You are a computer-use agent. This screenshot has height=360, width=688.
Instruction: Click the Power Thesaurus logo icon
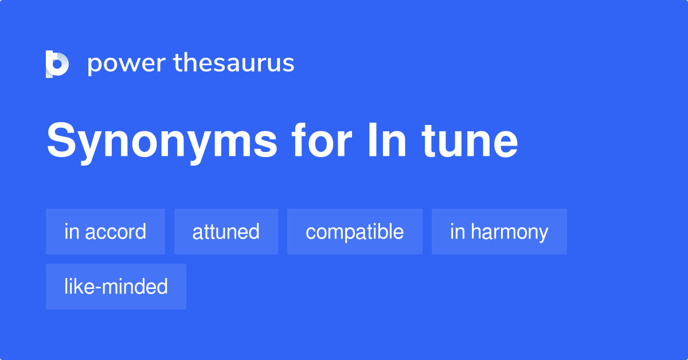click(x=57, y=64)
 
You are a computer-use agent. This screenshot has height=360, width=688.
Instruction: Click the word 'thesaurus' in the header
click(x=234, y=64)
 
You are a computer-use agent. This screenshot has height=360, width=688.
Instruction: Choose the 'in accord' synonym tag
click(x=105, y=232)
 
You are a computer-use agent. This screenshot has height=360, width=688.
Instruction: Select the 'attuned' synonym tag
click(x=226, y=232)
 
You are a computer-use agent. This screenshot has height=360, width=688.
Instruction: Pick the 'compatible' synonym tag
click(x=355, y=232)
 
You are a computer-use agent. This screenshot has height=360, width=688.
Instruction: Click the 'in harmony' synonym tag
click(x=499, y=232)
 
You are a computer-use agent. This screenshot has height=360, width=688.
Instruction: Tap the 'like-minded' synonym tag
click(x=116, y=287)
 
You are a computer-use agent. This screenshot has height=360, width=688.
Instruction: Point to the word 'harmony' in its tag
click(x=510, y=232)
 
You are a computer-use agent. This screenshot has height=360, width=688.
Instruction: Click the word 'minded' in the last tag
click(x=133, y=287)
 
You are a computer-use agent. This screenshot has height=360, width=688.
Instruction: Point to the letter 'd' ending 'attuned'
click(x=254, y=232)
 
